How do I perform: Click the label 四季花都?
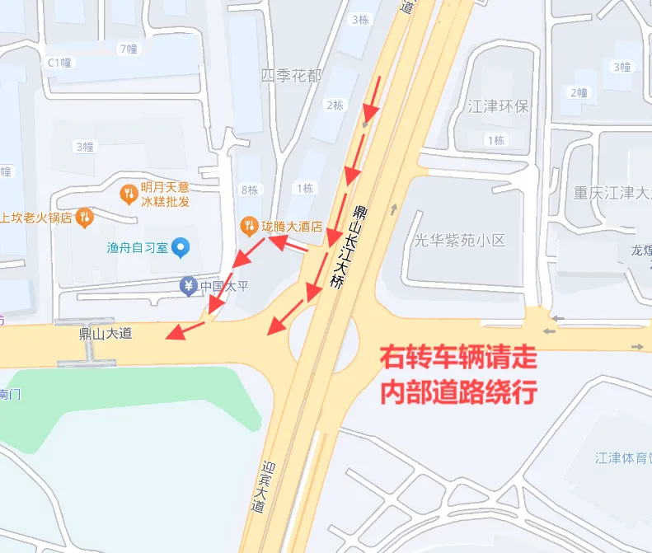click(x=291, y=76)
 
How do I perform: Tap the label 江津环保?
click(x=498, y=106)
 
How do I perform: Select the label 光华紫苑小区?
click(x=459, y=240)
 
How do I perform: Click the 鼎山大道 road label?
click(x=105, y=334)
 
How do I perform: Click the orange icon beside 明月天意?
click(x=128, y=194)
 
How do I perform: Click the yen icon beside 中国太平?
click(x=189, y=287)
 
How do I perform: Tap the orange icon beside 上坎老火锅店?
click(x=83, y=218)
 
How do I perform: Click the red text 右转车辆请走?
click(x=458, y=359)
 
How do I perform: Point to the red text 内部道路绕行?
click(x=458, y=391)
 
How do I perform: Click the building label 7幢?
click(x=128, y=49)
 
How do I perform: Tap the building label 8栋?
click(x=249, y=190)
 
